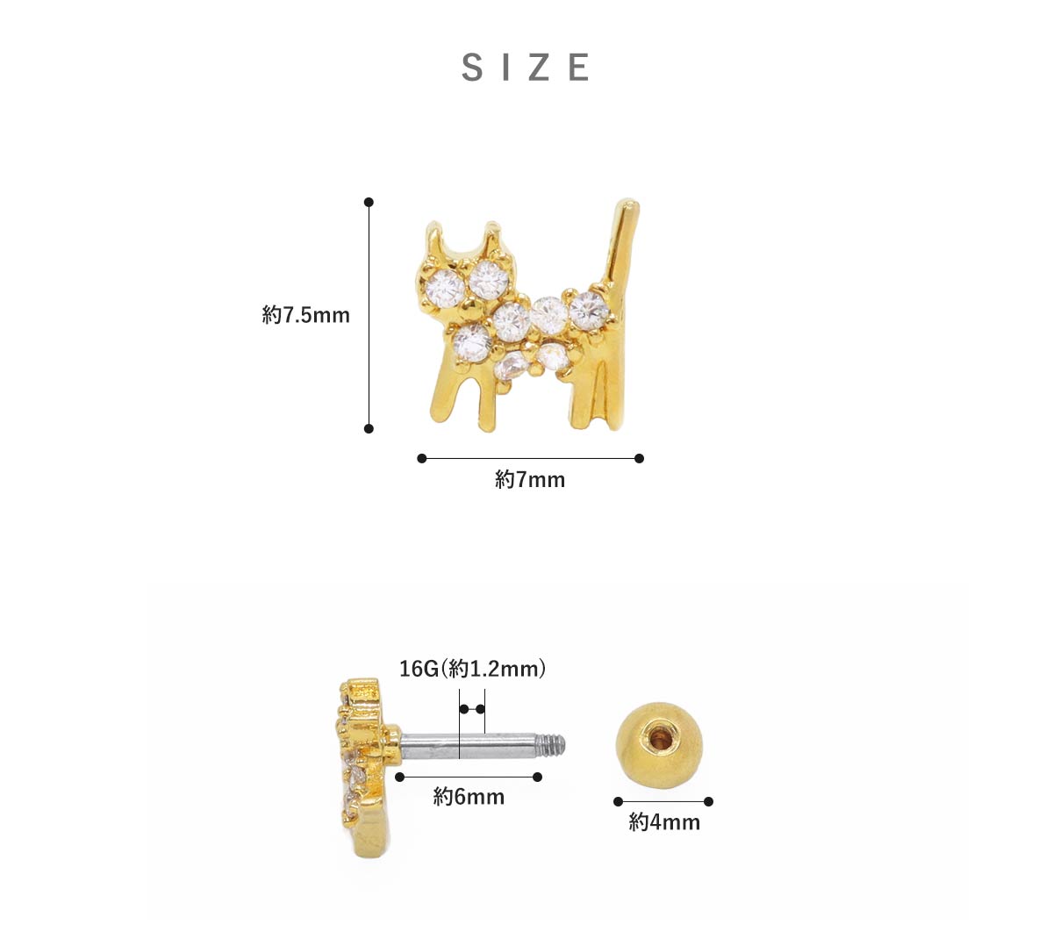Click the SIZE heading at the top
click(x=526, y=67)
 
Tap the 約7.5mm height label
click(x=305, y=315)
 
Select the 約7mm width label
click(x=530, y=479)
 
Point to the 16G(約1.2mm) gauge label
click(x=472, y=669)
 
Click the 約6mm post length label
click(x=469, y=797)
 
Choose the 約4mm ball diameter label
click(x=664, y=822)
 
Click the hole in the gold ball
click(x=658, y=737)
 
